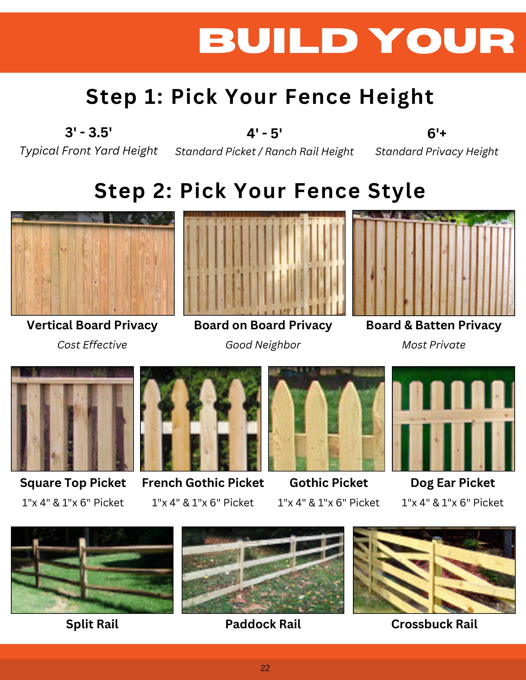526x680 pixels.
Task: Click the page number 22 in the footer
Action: pyautogui.click(x=265, y=668)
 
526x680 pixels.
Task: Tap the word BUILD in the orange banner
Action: pyautogui.click(x=278, y=41)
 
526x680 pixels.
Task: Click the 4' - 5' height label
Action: pyautogui.click(x=264, y=133)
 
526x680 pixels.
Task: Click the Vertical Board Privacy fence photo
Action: pyautogui.click(x=93, y=263)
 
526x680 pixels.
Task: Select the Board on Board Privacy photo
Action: pyautogui.click(x=264, y=263)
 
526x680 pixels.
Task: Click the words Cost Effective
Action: pyautogui.click(x=92, y=345)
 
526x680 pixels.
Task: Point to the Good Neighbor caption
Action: pyautogui.click(x=263, y=345)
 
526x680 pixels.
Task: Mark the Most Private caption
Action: pyautogui.click(x=433, y=345)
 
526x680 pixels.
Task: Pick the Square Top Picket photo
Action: pyautogui.click(x=72, y=419)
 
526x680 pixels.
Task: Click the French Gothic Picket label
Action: pyautogui.click(x=203, y=483)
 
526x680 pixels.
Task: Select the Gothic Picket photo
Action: pyautogui.click(x=327, y=419)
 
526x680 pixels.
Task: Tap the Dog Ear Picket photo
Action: pyautogui.click(x=453, y=419)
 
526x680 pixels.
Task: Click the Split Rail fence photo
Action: pyautogui.click(x=92, y=570)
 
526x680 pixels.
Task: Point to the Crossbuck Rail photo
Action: pyautogui.click(x=434, y=570)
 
